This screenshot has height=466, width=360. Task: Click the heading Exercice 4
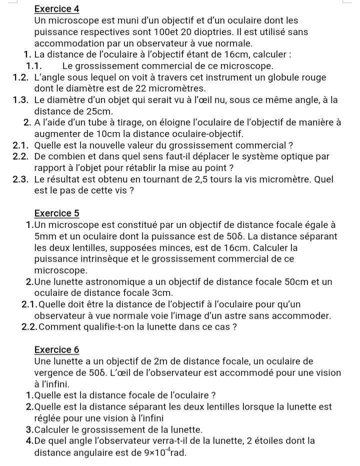pyautogui.click(x=57, y=9)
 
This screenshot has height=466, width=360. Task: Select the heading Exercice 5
pyautogui.click(x=57, y=213)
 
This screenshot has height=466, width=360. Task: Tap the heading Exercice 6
pyautogui.click(x=57, y=349)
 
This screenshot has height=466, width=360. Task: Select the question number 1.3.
pyautogui.click(x=23, y=99)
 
